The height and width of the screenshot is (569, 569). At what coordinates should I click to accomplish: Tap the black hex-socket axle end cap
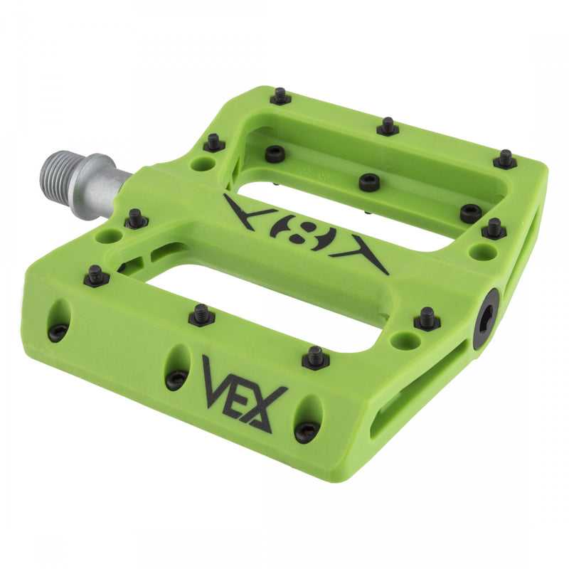tap(486, 319)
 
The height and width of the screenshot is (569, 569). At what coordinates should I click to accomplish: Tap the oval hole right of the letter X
tap(308, 419)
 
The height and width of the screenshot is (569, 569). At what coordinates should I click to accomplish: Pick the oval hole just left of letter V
tap(178, 367)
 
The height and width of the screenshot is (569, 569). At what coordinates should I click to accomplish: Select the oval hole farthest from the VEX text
tap(60, 319)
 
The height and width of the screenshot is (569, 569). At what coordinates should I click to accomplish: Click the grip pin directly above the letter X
tap(315, 356)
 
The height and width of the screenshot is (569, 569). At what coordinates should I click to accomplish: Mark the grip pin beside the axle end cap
tap(427, 318)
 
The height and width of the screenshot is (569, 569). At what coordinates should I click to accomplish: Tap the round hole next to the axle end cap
tap(405, 341)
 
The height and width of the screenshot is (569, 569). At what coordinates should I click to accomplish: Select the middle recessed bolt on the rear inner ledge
tap(369, 182)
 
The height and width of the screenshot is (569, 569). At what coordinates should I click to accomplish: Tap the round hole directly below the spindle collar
tap(109, 235)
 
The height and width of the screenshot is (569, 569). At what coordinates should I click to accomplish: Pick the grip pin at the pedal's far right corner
tap(505, 159)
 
